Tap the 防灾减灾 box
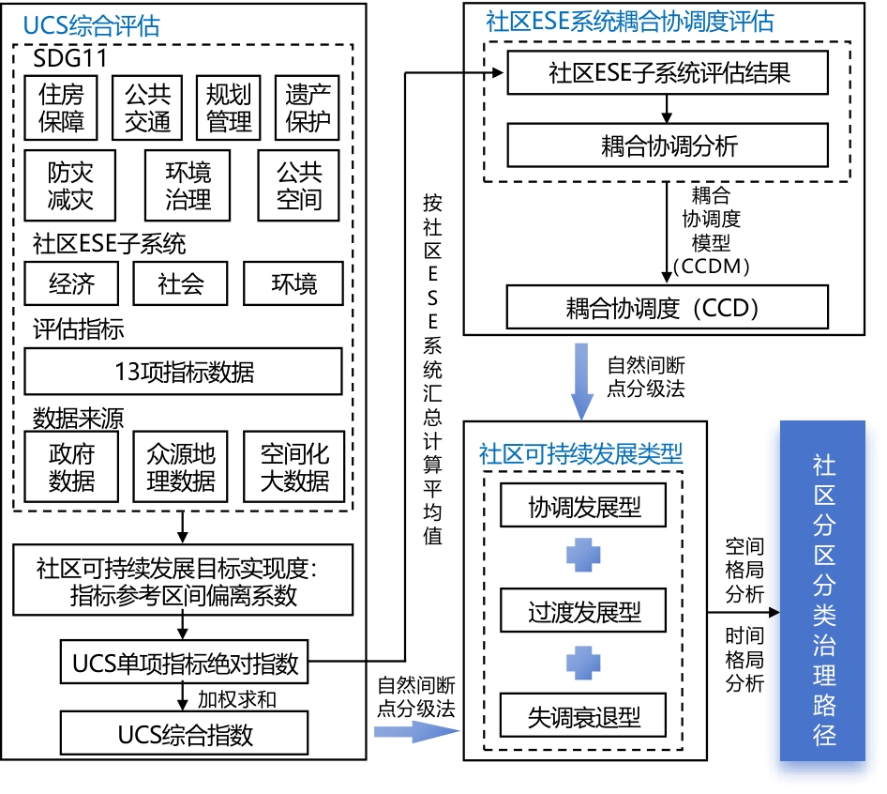click(71, 184)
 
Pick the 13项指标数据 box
click(183, 372)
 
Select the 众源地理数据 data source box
click(181, 467)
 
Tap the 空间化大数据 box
click(294, 467)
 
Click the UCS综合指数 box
click(184, 734)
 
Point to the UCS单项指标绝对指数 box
click(184, 664)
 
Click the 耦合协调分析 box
click(668, 145)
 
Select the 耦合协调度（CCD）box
click(668, 308)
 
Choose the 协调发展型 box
click(583, 509)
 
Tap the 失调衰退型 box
click(583, 718)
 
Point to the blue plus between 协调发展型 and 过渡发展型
click(583, 557)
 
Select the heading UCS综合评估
click(92, 25)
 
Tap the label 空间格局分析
click(744, 570)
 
